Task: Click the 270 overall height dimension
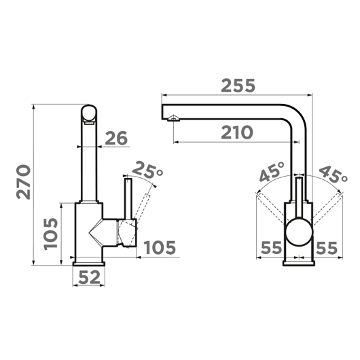[23, 182]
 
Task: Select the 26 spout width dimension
[116, 138]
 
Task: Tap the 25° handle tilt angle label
[147, 170]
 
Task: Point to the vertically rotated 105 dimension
[50, 234]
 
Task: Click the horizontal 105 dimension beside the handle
[160, 247]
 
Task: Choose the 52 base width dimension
[89, 277]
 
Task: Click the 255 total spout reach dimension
[238, 86]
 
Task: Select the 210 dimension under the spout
[236, 132]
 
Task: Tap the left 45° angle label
[272, 171]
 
